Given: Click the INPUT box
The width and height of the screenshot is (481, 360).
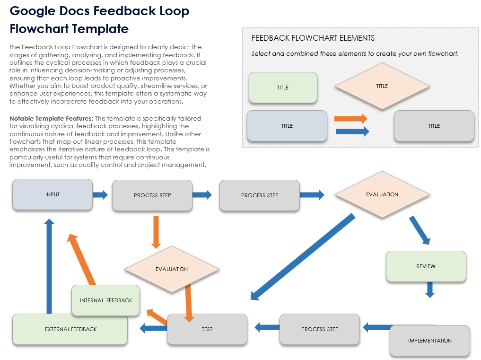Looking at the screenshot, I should (52, 194).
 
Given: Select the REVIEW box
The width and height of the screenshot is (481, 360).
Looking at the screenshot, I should (426, 266).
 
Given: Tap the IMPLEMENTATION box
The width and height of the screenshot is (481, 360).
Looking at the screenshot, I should (429, 341).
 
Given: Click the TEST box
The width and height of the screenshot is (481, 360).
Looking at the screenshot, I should (207, 329).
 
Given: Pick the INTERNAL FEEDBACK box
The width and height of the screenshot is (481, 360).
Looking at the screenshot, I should (106, 300).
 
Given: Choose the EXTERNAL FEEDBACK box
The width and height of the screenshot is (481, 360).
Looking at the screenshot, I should (70, 329).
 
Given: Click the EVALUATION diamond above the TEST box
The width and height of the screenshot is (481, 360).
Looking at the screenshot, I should (172, 269).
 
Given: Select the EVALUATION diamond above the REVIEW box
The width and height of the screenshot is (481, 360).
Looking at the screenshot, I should (382, 194).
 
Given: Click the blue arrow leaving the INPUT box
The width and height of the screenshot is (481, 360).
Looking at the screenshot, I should (100, 194).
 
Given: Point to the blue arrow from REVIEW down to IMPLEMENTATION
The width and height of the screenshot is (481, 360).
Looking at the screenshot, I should (429, 289).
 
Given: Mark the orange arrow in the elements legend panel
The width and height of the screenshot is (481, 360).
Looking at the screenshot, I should (350, 119).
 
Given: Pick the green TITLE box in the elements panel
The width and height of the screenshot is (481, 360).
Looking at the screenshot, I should (282, 88).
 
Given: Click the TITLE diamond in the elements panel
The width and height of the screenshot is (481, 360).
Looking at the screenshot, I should (382, 87).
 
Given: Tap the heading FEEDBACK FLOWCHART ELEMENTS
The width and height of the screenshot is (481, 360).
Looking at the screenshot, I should (313, 38).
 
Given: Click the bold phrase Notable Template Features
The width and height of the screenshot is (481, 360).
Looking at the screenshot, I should (51, 118).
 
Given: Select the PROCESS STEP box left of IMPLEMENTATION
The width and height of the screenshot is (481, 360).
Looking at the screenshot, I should (320, 329).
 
